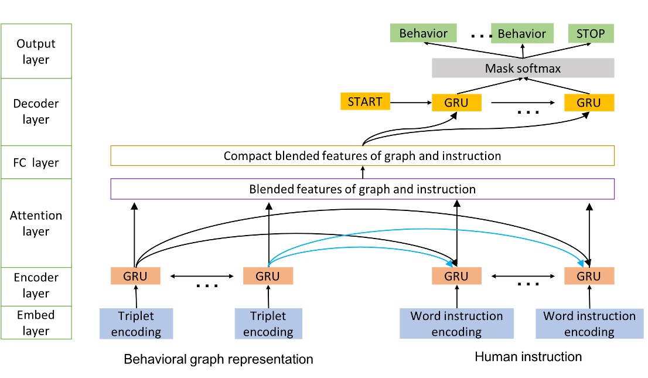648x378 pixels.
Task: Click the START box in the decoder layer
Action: tap(364, 101)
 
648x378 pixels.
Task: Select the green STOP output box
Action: tap(590, 33)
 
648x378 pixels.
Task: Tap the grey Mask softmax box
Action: tap(523, 69)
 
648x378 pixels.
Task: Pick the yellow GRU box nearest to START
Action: tap(456, 103)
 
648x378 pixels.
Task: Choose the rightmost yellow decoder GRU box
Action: tap(589, 103)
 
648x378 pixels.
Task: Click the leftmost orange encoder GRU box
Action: tap(135, 276)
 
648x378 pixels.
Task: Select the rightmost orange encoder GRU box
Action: tap(589, 276)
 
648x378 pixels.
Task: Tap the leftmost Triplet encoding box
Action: tap(136, 324)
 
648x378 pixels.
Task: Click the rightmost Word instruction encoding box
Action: tap(589, 324)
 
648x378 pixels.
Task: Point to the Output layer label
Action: tap(36, 52)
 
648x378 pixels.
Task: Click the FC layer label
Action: tap(36, 162)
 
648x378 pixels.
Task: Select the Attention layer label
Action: tap(36, 223)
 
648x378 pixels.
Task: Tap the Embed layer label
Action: tap(36, 323)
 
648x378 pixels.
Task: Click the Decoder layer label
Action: tap(36, 112)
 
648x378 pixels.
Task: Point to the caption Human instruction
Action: tap(528, 356)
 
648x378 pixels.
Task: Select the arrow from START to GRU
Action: tap(411, 103)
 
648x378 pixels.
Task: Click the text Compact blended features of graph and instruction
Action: tap(362, 156)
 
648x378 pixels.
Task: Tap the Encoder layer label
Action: tap(36, 285)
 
